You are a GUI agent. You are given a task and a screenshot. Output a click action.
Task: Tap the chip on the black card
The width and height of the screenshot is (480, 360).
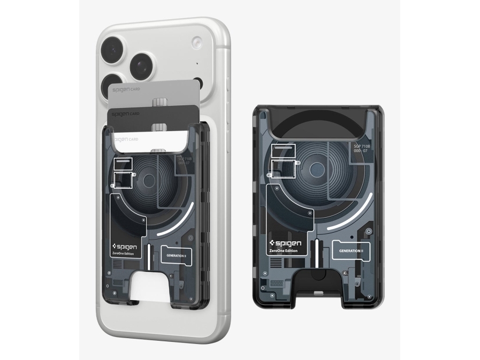[x=158, y=127]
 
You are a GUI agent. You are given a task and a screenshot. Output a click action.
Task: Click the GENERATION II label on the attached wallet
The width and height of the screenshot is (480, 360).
[x=176, y=256]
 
